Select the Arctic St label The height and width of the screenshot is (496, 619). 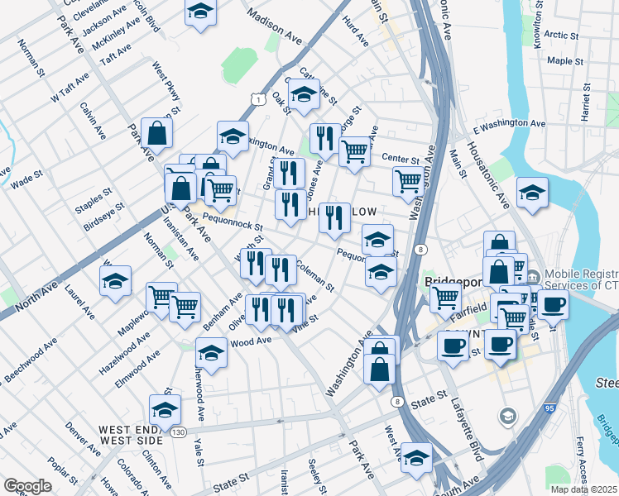562,36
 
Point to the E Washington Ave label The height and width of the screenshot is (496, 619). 510,124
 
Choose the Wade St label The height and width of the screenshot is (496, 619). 26,179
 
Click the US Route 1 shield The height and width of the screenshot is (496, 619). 259,99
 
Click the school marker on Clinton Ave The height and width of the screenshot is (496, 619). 165,409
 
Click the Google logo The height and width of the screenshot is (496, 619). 27,485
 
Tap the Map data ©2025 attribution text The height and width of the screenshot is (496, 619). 585,489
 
